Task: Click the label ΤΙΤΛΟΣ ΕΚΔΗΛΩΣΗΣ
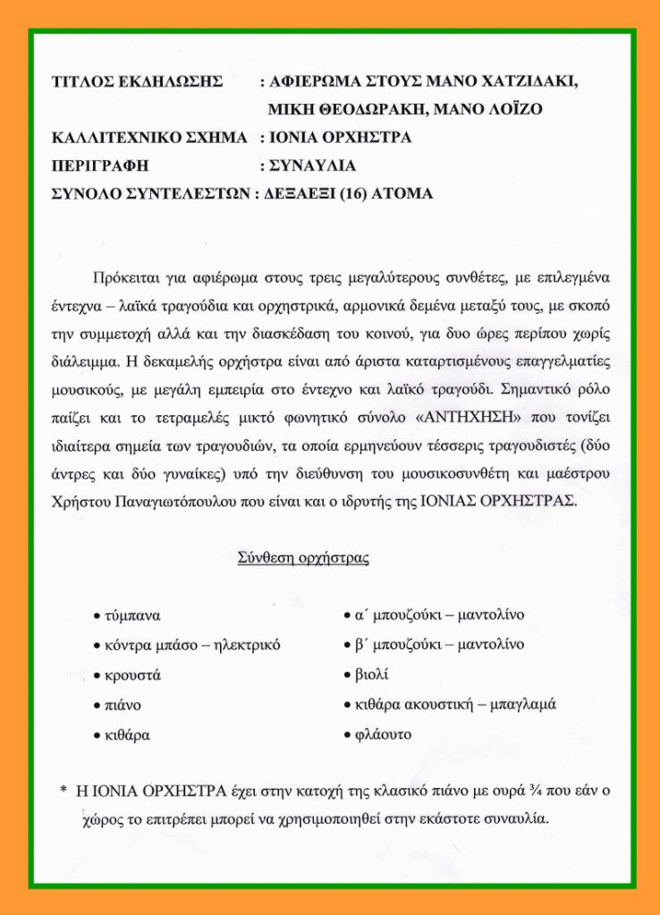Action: pos(137,82)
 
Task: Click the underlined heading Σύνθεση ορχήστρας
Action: pos(303,558)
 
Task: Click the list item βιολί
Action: pos(373,674)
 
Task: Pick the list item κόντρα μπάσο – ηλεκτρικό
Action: pos(192,646)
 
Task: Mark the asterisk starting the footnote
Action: pos(63,792)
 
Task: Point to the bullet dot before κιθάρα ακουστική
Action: pos(348,705)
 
